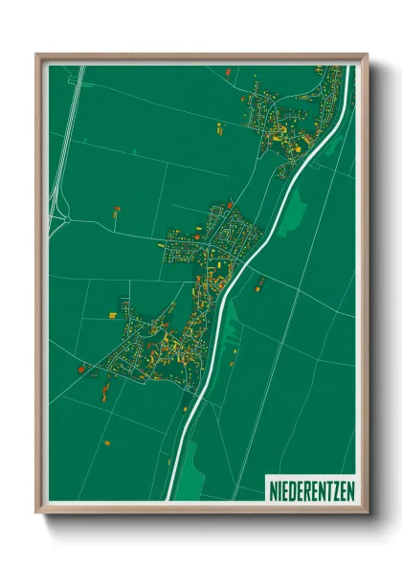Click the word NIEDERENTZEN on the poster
(311, 486)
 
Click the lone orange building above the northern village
(227, 72)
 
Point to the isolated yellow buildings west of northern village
(219, 126)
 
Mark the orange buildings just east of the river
(259, 282)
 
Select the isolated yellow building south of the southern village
(107, 442)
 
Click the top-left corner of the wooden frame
(38, 55)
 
